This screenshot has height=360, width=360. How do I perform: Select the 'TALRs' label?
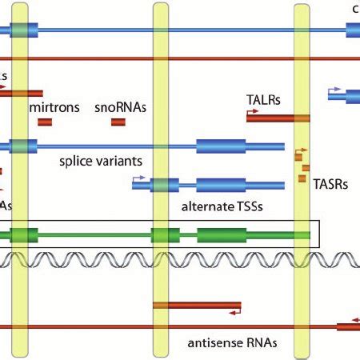coord(262,101)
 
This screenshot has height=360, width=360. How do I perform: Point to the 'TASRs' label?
coord(330,183)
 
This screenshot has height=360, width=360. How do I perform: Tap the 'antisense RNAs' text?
coord(232,342)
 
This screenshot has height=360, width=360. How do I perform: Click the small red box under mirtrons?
coord(45,122)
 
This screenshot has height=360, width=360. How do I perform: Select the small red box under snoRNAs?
coord(118,122)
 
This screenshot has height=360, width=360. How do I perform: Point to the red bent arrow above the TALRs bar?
coord(253,112)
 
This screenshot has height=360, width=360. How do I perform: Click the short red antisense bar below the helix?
coord(197,306)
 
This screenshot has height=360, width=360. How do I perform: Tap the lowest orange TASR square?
coord(304,178)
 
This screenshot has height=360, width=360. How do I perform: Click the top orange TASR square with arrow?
coord(302,157)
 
